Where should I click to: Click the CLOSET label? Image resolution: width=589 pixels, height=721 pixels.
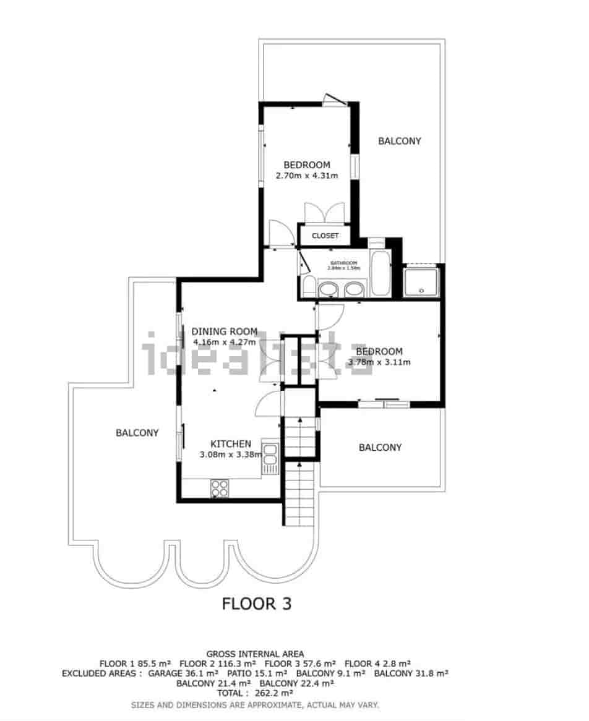point(325,236)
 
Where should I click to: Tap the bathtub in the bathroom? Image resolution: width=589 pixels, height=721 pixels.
point(379,273)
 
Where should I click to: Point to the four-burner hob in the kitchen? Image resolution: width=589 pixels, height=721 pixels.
point(220,488)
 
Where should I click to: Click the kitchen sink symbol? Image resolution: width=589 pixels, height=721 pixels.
point(270,458)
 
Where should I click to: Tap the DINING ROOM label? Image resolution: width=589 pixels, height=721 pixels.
point(224,331)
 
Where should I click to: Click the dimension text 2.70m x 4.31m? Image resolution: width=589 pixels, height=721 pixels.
point(307,176)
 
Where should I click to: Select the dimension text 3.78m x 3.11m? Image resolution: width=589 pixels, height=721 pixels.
point(379,362)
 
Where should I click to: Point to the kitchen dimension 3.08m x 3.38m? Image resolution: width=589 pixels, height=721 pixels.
point(230,454)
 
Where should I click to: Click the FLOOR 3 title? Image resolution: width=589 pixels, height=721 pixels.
point(256,604)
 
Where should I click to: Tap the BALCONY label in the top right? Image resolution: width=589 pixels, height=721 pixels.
point(399,141)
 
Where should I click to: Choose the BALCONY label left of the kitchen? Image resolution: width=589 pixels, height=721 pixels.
point(137,433)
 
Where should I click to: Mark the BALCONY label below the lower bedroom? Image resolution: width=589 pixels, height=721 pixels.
point(380,447)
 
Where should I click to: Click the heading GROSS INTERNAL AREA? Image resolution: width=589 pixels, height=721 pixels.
point(255,653)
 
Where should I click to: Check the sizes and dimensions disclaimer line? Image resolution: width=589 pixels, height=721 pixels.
point(255,704)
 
